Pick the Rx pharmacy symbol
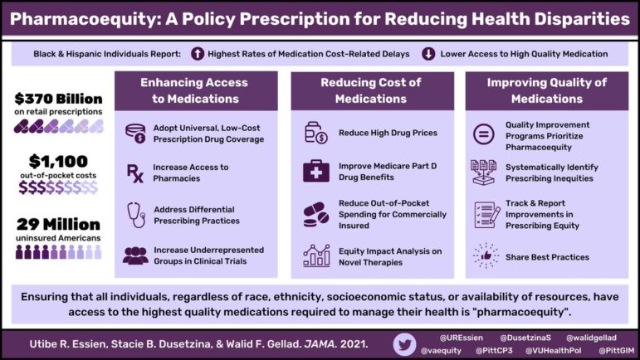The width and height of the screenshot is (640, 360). [134, 173]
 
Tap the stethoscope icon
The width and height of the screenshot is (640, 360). [134, 214]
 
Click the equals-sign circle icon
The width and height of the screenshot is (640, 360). [483, 133]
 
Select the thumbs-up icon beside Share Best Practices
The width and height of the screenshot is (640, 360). [483, 255]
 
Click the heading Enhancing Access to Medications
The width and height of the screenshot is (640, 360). [196, 90]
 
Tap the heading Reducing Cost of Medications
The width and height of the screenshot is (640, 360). [371, 90]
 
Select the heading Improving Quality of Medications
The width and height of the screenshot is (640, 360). [546, 90]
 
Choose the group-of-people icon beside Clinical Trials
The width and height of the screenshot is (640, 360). [134, 255]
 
